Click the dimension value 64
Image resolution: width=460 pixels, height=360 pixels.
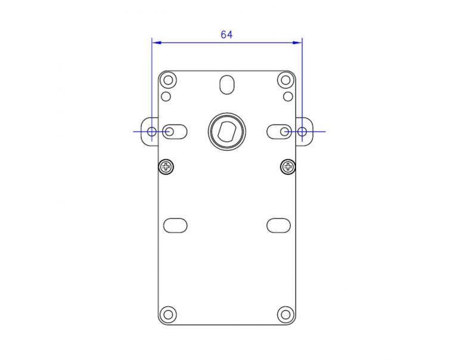click(x=226, y=35)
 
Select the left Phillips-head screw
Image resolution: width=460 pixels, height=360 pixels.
click(x=166, y=166)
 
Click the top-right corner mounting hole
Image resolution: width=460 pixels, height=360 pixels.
click(x=285, y=80)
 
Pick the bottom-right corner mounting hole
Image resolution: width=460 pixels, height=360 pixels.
click(x=285, y=314)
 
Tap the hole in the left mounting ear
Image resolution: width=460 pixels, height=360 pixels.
click(x=152, y=131)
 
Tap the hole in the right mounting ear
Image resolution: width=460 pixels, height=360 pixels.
click(x=302, y=131)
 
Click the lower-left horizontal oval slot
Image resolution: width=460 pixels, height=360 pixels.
click(x=175, y=225)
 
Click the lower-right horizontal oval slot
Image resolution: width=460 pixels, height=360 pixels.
click(x=278, y=225)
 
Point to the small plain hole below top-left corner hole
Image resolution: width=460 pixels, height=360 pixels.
click(x=166, y=95)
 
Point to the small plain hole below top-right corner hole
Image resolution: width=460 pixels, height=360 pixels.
click(x=288, y=95)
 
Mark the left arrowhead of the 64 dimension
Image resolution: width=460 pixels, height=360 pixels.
click(x=156, y=42)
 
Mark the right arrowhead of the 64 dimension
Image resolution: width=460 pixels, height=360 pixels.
click(x=299, y=42)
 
